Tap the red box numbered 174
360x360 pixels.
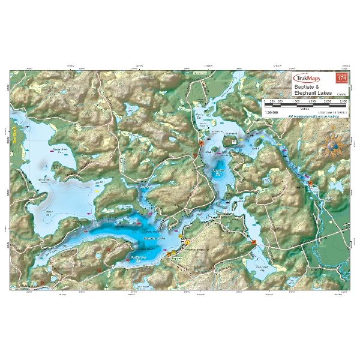[341, 79]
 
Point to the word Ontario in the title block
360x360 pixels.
[340, 95]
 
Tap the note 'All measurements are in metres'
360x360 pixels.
[313, 116]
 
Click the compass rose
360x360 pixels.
[334, 145]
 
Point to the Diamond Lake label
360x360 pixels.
[221, 172]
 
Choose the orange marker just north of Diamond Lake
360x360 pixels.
[200, 145]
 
